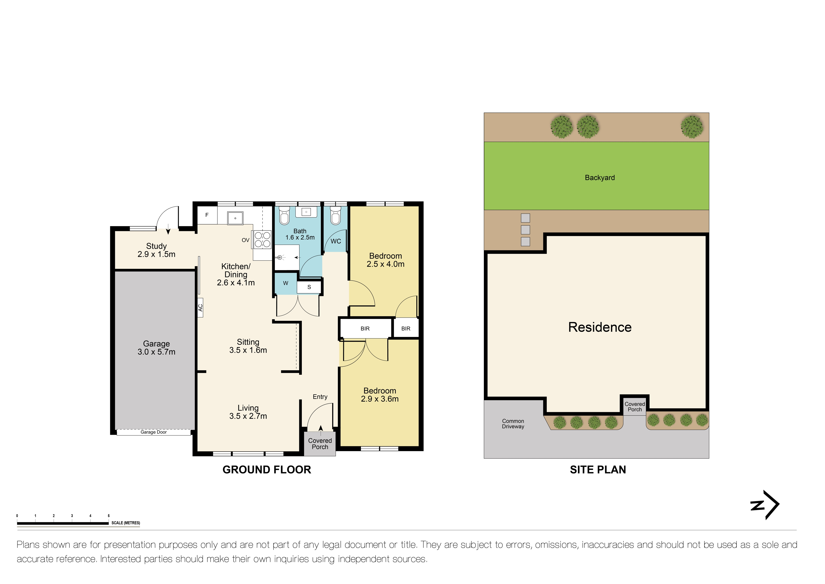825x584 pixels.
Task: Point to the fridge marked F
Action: tap(207, 215)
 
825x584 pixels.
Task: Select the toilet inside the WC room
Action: tap(336, 215)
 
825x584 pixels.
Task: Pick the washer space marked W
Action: tap(286, 283)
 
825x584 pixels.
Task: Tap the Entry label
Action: tap(320, 397)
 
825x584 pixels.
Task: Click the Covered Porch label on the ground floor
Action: tap(320, 444)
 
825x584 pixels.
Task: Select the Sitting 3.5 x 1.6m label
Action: tap(248, 346)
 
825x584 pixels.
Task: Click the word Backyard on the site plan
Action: tap(600, 178)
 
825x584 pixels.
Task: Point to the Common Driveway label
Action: tap(513, 424)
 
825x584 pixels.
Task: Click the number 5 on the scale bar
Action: tap(108, 516)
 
